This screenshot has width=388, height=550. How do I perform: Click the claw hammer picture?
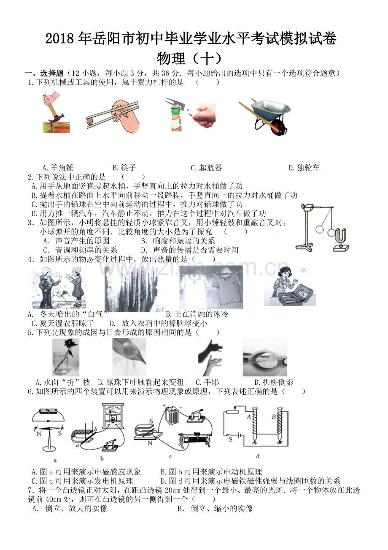(x=54, y=113)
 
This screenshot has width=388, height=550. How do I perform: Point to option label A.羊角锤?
(x=58, y=168)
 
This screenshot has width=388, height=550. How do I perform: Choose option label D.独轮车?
(x=304, y=168)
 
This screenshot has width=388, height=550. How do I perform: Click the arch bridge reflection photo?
(x=265, y=357)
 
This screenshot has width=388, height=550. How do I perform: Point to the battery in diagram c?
(x=172, y=416)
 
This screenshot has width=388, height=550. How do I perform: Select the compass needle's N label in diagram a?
(x=38, y=433)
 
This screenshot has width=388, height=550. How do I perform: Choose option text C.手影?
(x=207, y=382)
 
